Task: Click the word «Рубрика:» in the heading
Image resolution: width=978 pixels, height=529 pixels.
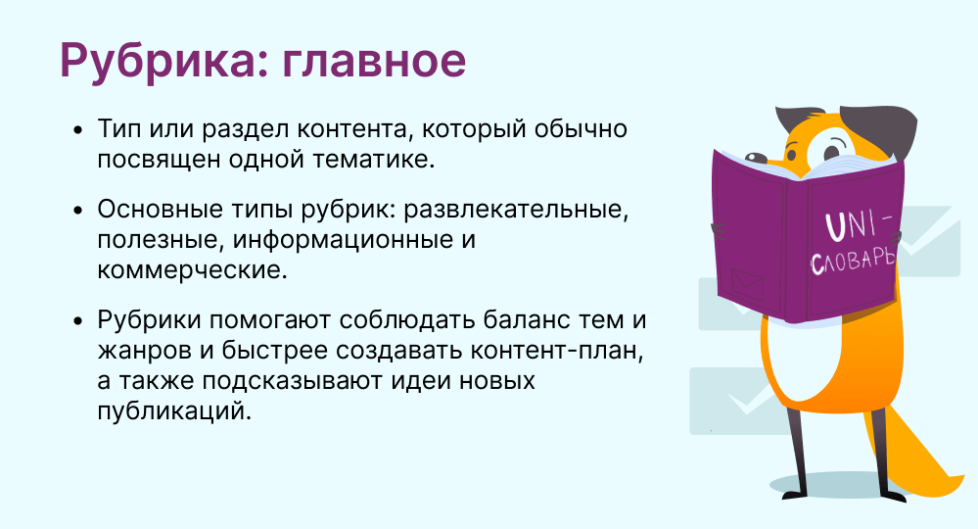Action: tap(164, 61)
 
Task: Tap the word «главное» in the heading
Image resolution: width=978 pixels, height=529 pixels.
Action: tap(374, 61)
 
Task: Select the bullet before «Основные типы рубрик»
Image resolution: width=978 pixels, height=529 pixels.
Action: tap(77, 211)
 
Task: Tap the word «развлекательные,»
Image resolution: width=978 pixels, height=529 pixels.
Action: tap(516, 209)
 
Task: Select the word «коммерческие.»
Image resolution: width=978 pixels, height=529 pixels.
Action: tap(192, 270)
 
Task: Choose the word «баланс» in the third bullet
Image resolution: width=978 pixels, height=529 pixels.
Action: tap(529, 319)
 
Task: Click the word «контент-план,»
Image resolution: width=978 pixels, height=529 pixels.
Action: tap(556, 350)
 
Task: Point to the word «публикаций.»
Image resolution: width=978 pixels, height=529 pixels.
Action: tap(174, 411)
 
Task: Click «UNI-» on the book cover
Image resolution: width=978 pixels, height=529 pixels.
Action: tap(859, 224)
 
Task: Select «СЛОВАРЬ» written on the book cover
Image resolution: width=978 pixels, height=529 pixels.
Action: tap(854, 261)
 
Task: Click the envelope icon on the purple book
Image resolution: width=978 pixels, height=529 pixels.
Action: tap(747, 284)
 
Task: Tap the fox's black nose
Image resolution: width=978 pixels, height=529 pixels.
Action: tap(756, 159)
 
